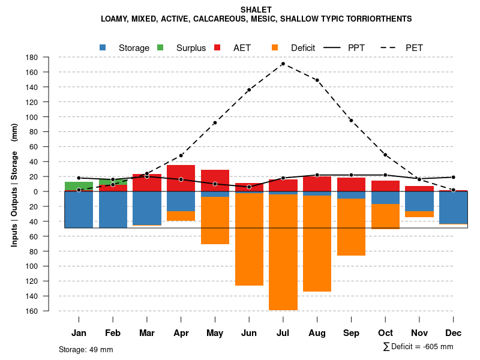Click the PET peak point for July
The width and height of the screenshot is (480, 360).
pyautogui.click(x=283, y=64)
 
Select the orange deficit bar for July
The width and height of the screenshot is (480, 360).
pyautogui.click(x=283, y=252)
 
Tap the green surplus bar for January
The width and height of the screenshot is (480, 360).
pyautogui.click(x=79, y=187)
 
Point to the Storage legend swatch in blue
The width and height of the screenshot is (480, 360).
pyautogui.click(x=103, y=47)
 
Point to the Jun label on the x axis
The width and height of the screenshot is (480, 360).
pyautogui.click(x=249, y=333)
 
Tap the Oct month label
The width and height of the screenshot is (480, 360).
pyautogui.click(x=385, y=333)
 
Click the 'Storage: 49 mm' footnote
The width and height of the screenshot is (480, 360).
pyautogui.click(x=86, y=349)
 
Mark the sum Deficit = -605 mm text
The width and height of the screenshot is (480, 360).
pyautogui.click(x=418, y=347)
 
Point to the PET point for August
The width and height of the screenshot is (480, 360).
pyautogui.click(x=317, y=80)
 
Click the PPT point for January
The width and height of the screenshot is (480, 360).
pyautogui.click(x=79, y=178)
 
